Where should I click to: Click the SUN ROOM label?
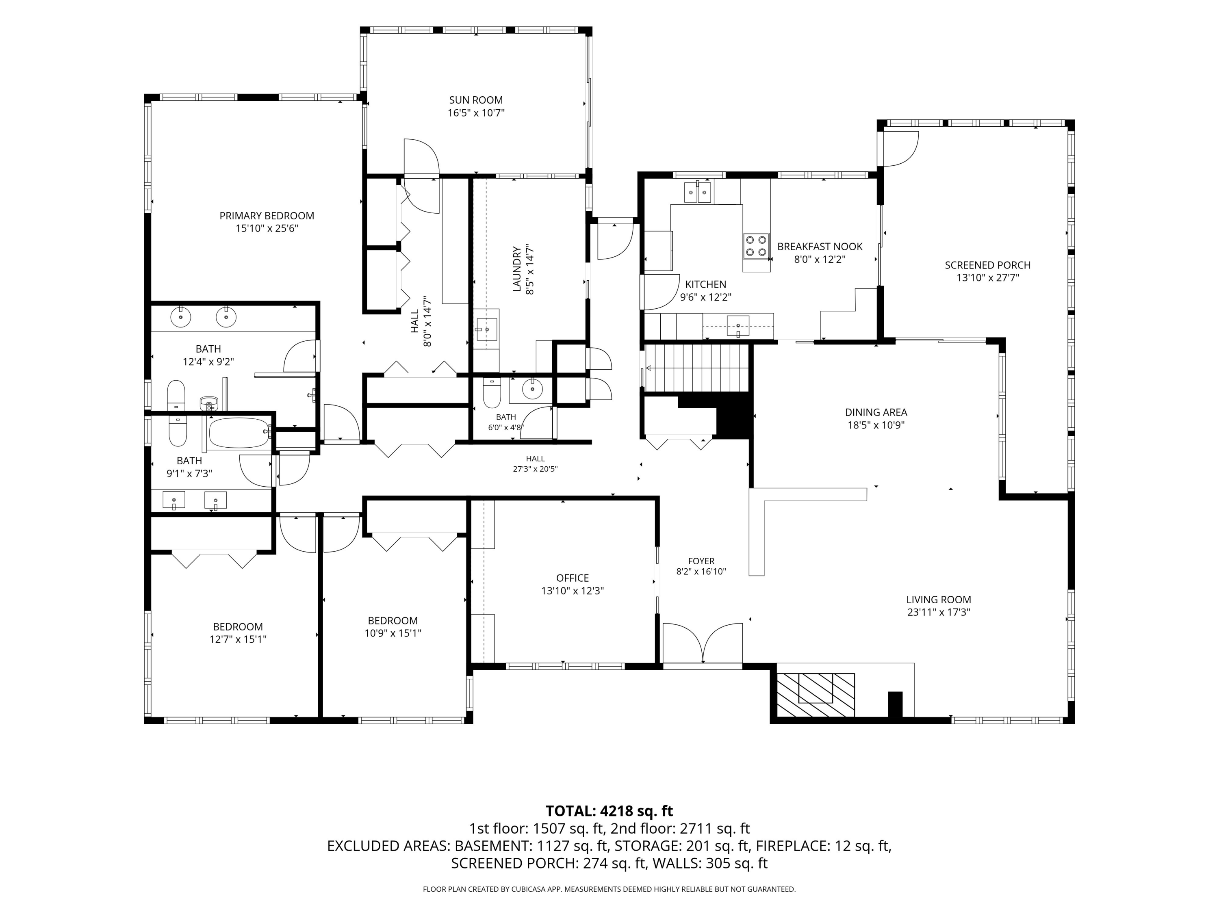[475, 100]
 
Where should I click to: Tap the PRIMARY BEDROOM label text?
[267, 216]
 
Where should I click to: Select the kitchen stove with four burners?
[756, 246]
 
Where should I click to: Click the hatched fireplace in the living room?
[816, 695]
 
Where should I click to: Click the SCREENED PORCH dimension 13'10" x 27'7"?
[987, 278]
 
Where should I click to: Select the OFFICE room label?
[573, 578]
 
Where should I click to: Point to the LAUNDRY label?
[517, 269]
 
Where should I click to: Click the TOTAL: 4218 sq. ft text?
[609, 811]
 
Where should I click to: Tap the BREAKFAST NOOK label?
[820, 247]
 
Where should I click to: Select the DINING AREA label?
[876, 412]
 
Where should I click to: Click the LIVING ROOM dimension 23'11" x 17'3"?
[939, 611]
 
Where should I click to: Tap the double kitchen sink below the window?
[698, 192]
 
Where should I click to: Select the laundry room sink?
[487, 329]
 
